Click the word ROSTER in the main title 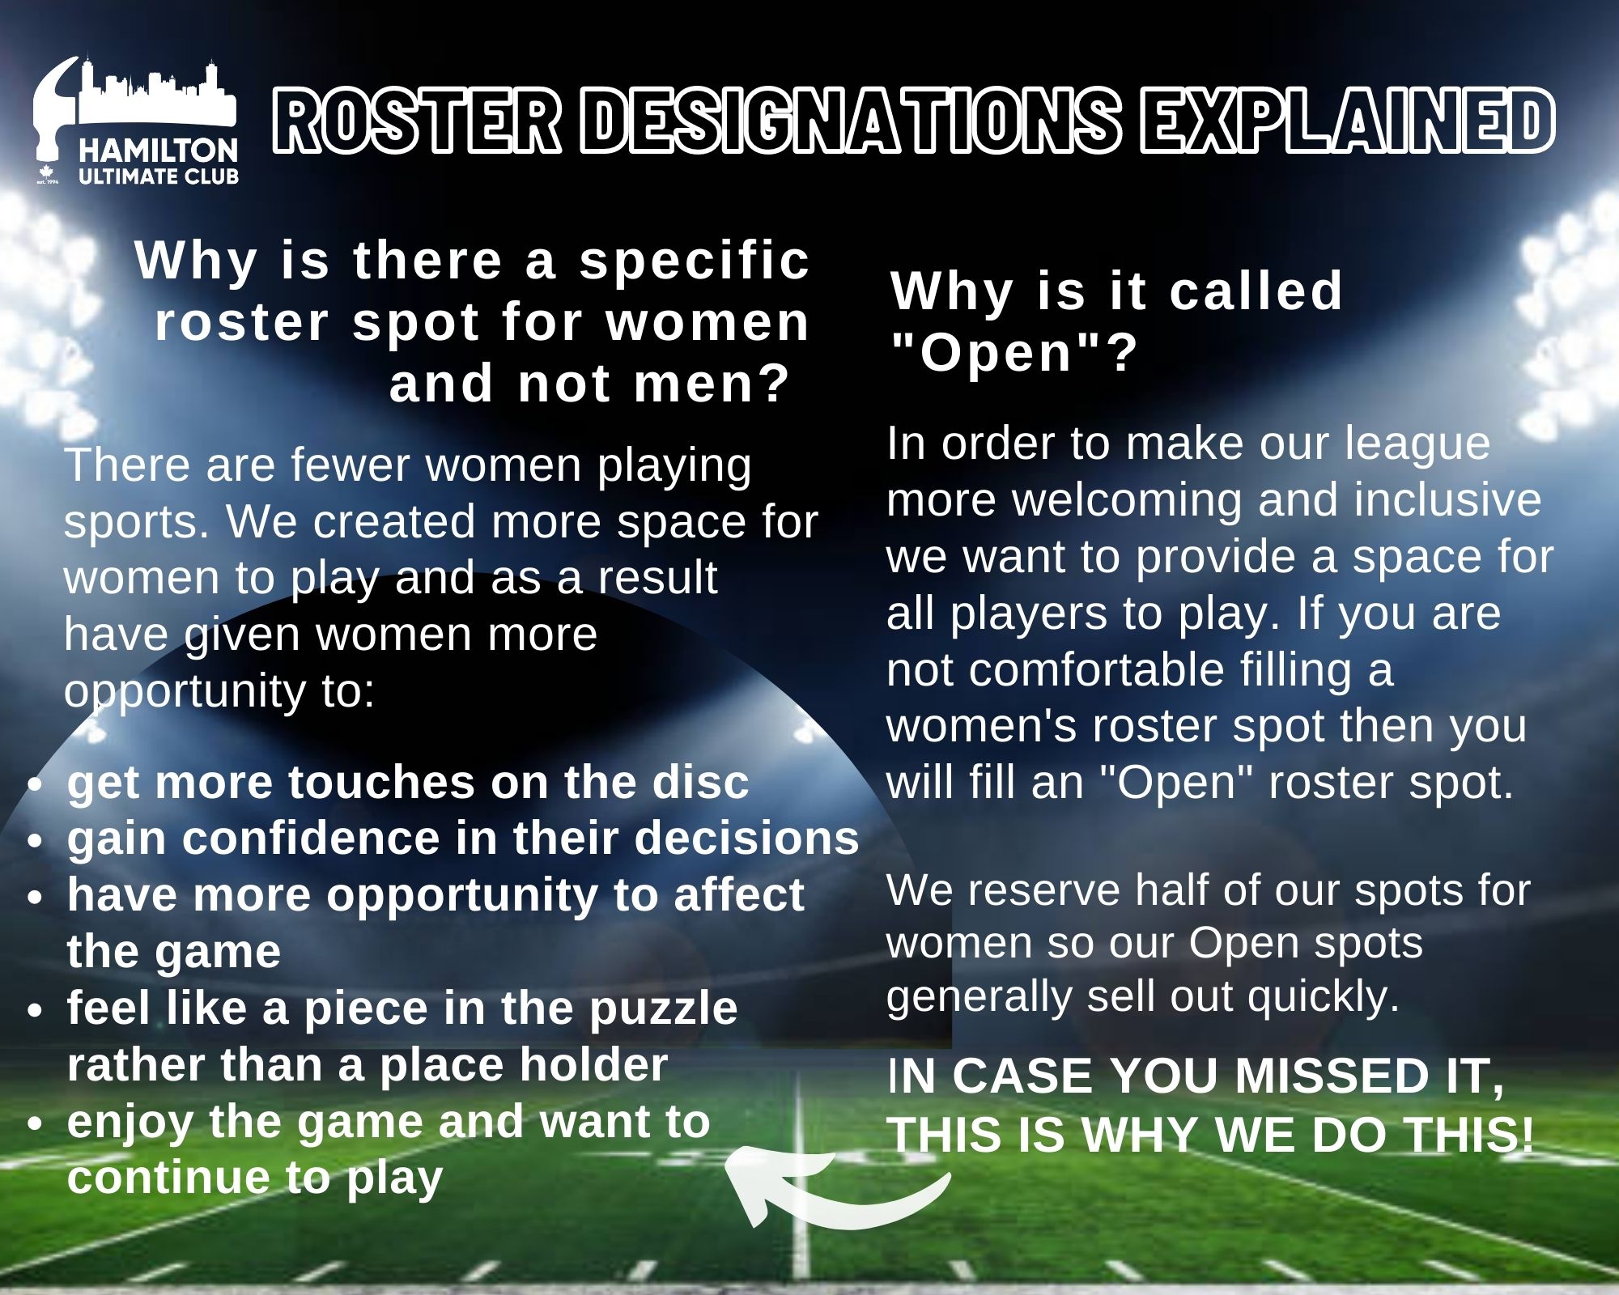[416, 121]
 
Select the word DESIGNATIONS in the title [851, 121]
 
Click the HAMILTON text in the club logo [159, 151]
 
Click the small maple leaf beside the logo [45, 172]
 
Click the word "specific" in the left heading [695, 261]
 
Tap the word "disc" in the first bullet [701, 783]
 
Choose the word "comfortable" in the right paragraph [1096, 670]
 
